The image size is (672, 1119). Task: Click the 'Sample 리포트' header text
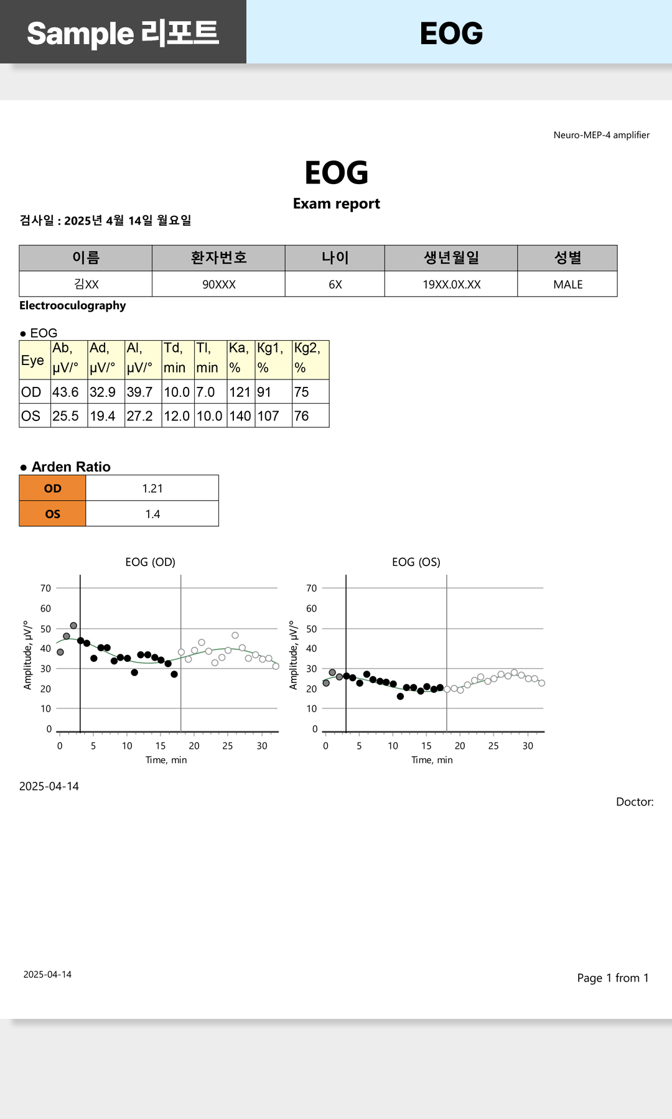click(123, 34)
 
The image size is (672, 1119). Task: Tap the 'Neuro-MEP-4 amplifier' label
click(601, 135)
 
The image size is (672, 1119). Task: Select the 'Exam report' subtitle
click(336, 204)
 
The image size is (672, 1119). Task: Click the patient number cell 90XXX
click(218, 284)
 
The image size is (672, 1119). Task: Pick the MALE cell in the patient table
click(567, 284)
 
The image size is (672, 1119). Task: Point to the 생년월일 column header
click(451, 258)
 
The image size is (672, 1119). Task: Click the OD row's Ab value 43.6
click(65, 392)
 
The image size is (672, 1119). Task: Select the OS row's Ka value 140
click(240, 416)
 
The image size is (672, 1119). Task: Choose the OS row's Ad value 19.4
click(103, 416)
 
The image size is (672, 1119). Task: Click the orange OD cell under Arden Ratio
click(53, 488)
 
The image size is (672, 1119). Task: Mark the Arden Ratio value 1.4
click(152, 514)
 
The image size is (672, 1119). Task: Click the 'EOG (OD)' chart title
click(150, 562)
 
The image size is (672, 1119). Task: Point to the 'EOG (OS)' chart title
click(416, 562)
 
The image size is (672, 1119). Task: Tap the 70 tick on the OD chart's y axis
click(46, 588)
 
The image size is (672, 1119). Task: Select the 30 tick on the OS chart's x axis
click(528, 746)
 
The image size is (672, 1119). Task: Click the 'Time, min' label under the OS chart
click(432, 760)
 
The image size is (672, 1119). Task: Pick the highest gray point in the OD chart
click(73, 626)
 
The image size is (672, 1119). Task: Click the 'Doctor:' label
click(635, 802)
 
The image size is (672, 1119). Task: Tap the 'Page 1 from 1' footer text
click(612, 978)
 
